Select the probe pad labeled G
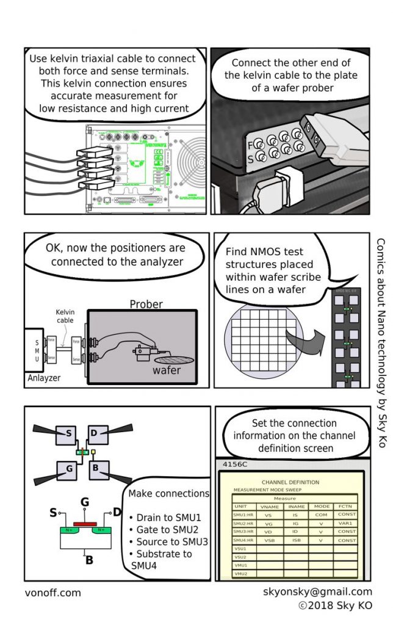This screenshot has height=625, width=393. coord(68,469)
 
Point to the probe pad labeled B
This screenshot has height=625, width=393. coord(98,469)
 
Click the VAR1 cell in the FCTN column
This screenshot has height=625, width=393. coord(347,523)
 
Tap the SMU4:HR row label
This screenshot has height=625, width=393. coord(244,540)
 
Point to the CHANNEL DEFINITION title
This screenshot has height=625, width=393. coord(290,482)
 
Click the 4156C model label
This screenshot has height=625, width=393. coord(235,464)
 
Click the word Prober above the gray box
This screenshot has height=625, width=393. coord(146,303)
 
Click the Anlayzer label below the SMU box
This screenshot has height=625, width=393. coord(45,377)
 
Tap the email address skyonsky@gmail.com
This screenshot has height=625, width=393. coord(317,591)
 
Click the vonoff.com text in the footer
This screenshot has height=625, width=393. coord(52,593)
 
